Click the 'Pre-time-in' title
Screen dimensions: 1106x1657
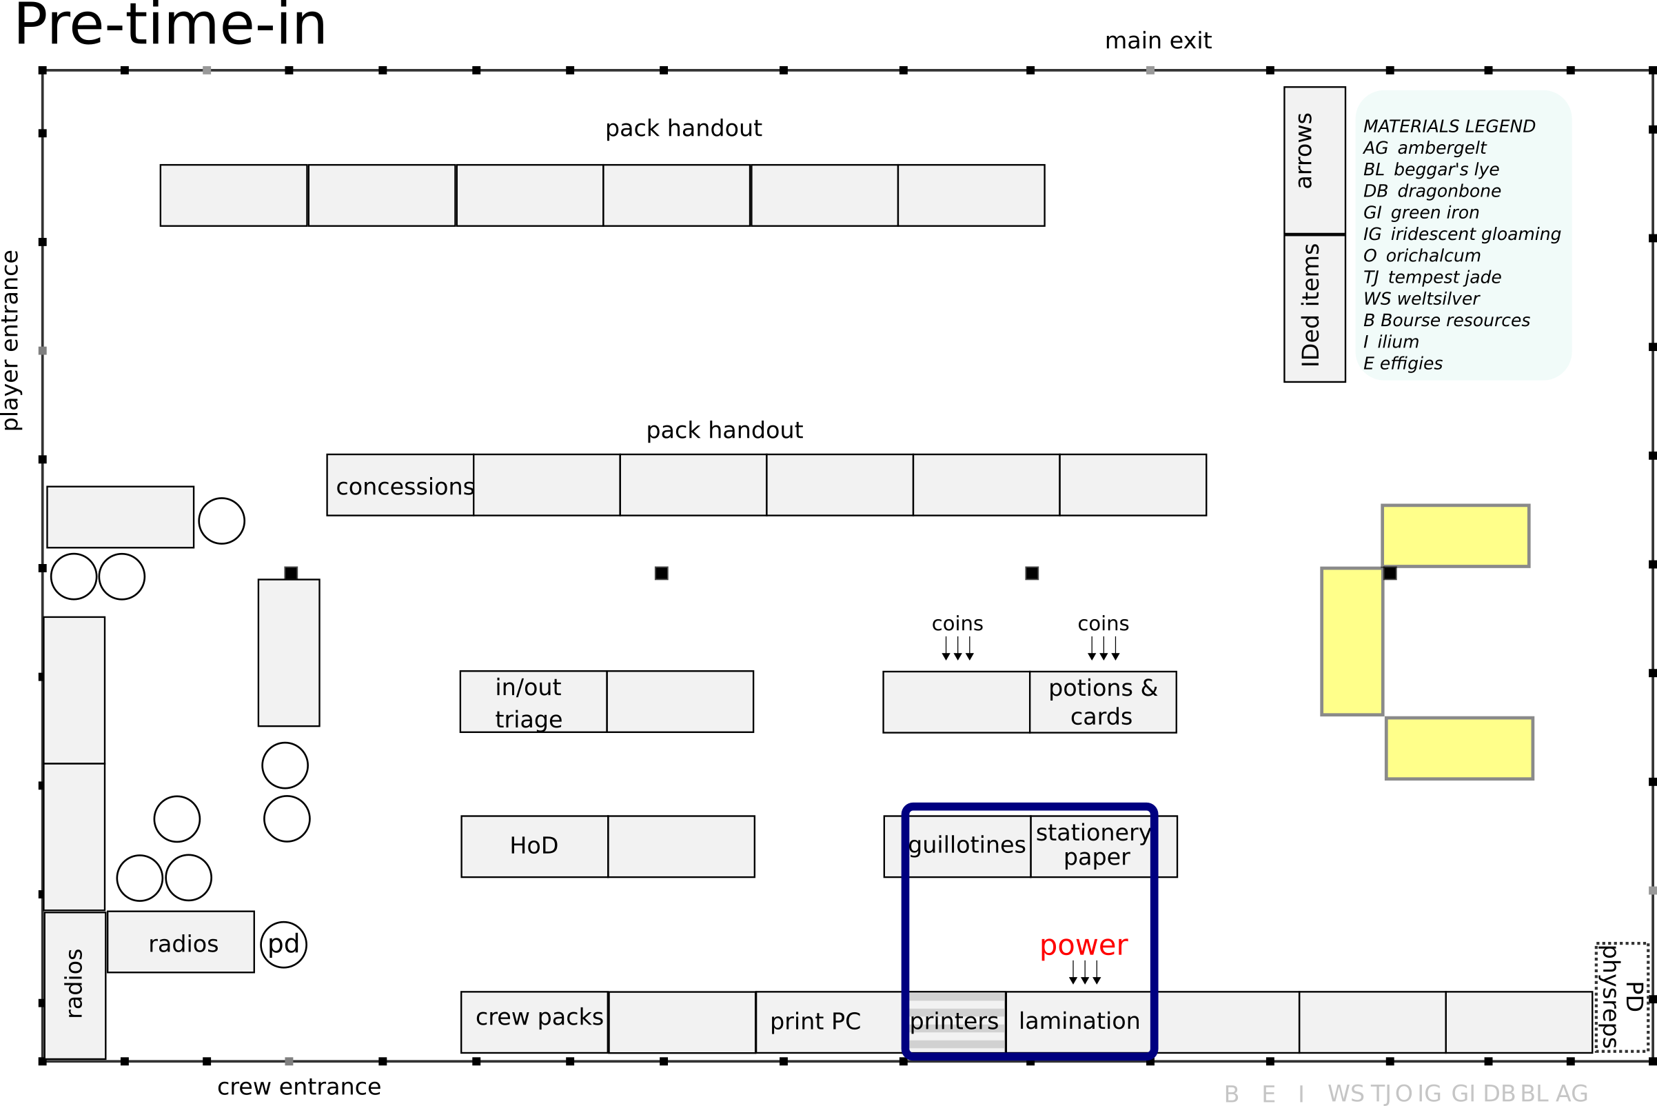coord(170,26)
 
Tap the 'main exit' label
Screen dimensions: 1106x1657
coord(1158,41)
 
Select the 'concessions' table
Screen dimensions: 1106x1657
coord(400,485)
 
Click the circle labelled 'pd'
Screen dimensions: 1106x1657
coord(283,945)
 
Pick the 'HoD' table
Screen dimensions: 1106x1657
coord(534,847)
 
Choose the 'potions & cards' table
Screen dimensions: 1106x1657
coord(1103,703)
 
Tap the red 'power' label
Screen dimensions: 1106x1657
coord(1083,945)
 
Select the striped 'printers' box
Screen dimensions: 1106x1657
coord(955,1022)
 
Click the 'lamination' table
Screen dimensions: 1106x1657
coord(1079,1022)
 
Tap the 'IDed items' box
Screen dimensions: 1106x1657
coord(1314,308)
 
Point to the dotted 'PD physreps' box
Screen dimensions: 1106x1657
coord(1622,997)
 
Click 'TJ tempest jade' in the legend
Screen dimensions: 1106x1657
coord(1432,277)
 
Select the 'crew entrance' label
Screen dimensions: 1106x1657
coord(299,1087)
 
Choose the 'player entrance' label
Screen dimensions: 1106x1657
coord(11,340)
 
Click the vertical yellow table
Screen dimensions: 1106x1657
coord(1352,641)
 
